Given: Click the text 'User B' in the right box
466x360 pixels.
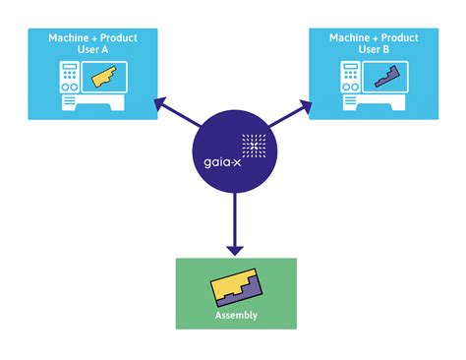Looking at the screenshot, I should [x=374, y=51].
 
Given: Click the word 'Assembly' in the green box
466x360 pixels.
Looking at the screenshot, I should [x=236, y=316].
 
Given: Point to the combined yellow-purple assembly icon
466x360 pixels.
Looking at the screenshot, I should [x=236, y=288].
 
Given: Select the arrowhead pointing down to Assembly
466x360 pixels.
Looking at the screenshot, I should [x=236, y=245].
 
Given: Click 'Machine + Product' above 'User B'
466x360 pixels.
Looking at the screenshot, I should [x=374, y=38].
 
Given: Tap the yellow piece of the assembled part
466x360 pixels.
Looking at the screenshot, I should [x=228, y=283].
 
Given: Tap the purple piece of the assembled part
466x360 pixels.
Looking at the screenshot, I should [x=248, y=294].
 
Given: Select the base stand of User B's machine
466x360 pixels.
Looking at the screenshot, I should [x=374, y=100].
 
